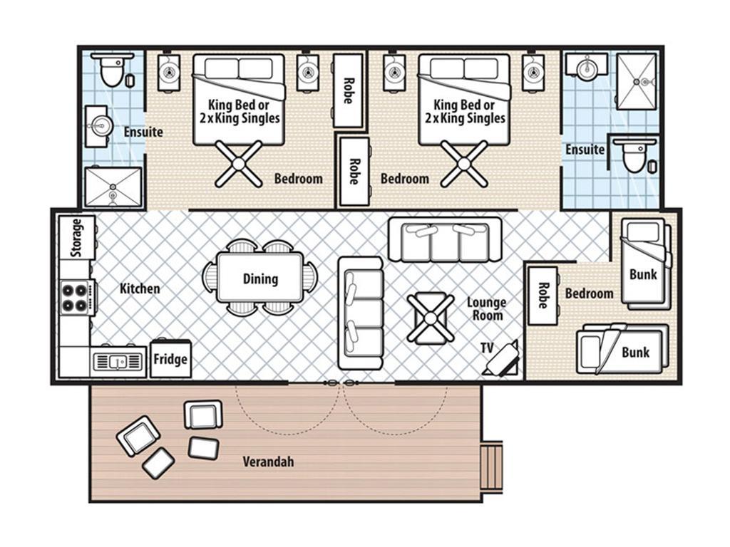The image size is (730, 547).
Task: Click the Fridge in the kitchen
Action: [x=170, y=359]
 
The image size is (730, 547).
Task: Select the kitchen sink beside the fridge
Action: [x=118, y=361]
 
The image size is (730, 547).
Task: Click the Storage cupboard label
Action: [x=77, y=238]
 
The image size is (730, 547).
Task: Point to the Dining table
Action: [x=260, y=278]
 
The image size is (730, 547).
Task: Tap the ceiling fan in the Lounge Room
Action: [x=431, y=318]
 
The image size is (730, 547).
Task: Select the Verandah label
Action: [x=268, y=462]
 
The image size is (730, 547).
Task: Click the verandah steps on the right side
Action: [x=492, y=466]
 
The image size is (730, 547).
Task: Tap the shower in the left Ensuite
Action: [x=113, y=187]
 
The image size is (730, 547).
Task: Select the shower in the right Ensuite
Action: [x=637, y=81]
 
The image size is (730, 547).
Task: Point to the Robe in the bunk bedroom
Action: [x=543, y=296]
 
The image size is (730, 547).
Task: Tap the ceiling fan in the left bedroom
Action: [x=239, y=164]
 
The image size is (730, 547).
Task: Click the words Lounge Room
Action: [x=486, y=309]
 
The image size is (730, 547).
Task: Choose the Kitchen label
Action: [x=140, y=288]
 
